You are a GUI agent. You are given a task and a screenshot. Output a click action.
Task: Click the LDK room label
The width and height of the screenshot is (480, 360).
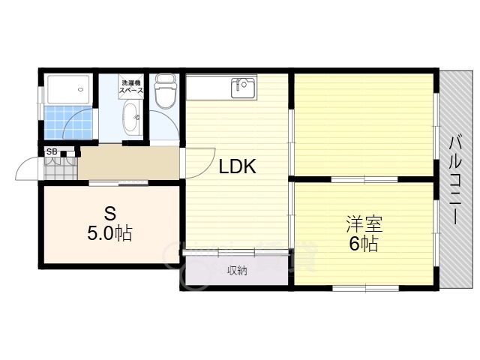(238, 166)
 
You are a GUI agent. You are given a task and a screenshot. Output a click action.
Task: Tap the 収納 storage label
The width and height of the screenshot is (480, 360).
(237, 271)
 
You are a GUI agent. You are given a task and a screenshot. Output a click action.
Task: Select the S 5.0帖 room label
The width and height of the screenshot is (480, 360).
(110, 223)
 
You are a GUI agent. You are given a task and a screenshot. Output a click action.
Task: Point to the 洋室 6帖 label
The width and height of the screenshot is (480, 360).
(364, 233)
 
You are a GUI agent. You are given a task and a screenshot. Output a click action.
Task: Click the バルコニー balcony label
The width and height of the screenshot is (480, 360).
(455, 180)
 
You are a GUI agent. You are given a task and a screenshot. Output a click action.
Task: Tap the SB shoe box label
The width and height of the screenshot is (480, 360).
(52, 151)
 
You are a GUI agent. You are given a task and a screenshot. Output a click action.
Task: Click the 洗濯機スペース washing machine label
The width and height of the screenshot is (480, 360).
(131, 87)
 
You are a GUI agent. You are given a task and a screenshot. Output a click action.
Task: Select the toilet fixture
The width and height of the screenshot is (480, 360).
(166, 91)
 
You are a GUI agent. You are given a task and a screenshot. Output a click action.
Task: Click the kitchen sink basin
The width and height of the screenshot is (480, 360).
(243, 88)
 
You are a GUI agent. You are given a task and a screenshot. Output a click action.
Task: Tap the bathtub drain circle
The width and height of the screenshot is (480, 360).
(80, 89)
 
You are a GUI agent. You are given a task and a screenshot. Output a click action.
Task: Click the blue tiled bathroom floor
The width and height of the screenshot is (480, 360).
(68, 122)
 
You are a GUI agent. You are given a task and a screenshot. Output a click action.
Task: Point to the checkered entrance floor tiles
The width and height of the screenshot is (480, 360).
(61, 168)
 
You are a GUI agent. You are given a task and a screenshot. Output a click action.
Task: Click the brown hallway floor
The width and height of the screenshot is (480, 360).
(129, 163)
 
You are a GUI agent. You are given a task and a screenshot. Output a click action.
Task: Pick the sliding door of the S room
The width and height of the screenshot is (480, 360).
(118, 183)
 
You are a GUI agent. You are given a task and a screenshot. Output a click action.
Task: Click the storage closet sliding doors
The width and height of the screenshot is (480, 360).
(235, 252)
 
